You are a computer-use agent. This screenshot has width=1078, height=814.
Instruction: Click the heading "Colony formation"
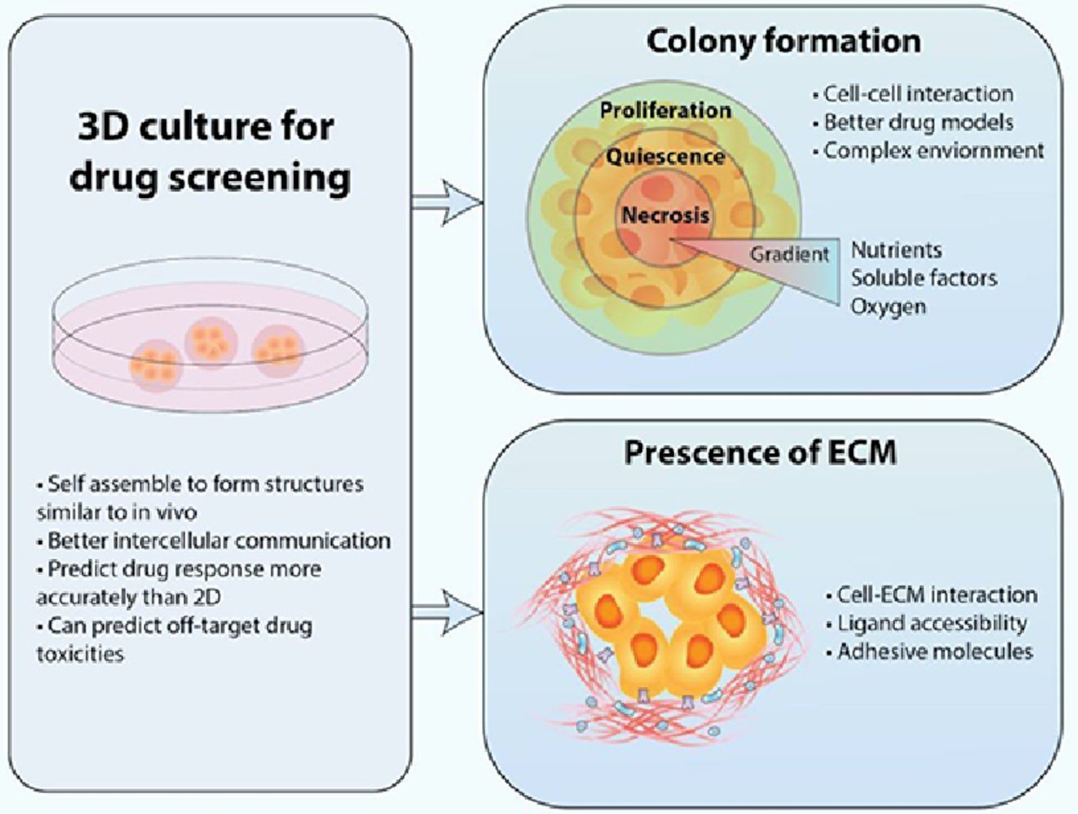click(783, 41)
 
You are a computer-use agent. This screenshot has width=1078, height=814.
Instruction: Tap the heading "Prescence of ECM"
click(760, 452)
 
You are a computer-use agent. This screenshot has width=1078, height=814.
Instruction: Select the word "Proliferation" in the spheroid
click(665, 110)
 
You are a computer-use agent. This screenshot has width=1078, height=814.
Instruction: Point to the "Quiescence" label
click(665, 156)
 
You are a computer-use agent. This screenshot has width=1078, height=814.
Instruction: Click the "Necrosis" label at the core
click(665, 215)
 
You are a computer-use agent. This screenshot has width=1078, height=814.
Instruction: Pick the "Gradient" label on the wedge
click(790, 254)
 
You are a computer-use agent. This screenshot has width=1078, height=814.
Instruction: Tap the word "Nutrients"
click(896, 250)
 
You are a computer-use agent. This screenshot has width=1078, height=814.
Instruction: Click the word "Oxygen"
click(888, 307)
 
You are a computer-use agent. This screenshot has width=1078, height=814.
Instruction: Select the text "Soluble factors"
click(923, 278)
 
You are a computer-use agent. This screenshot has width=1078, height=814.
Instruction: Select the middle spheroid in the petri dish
click(211, 342)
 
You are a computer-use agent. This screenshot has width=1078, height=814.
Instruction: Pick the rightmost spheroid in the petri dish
click(276, 349)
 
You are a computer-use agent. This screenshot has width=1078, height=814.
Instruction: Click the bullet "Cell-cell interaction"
click(916, 94)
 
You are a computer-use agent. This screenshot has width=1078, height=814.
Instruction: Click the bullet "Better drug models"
click(916, 122)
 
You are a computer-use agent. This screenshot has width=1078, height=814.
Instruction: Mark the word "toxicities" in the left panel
click(80, 654)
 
